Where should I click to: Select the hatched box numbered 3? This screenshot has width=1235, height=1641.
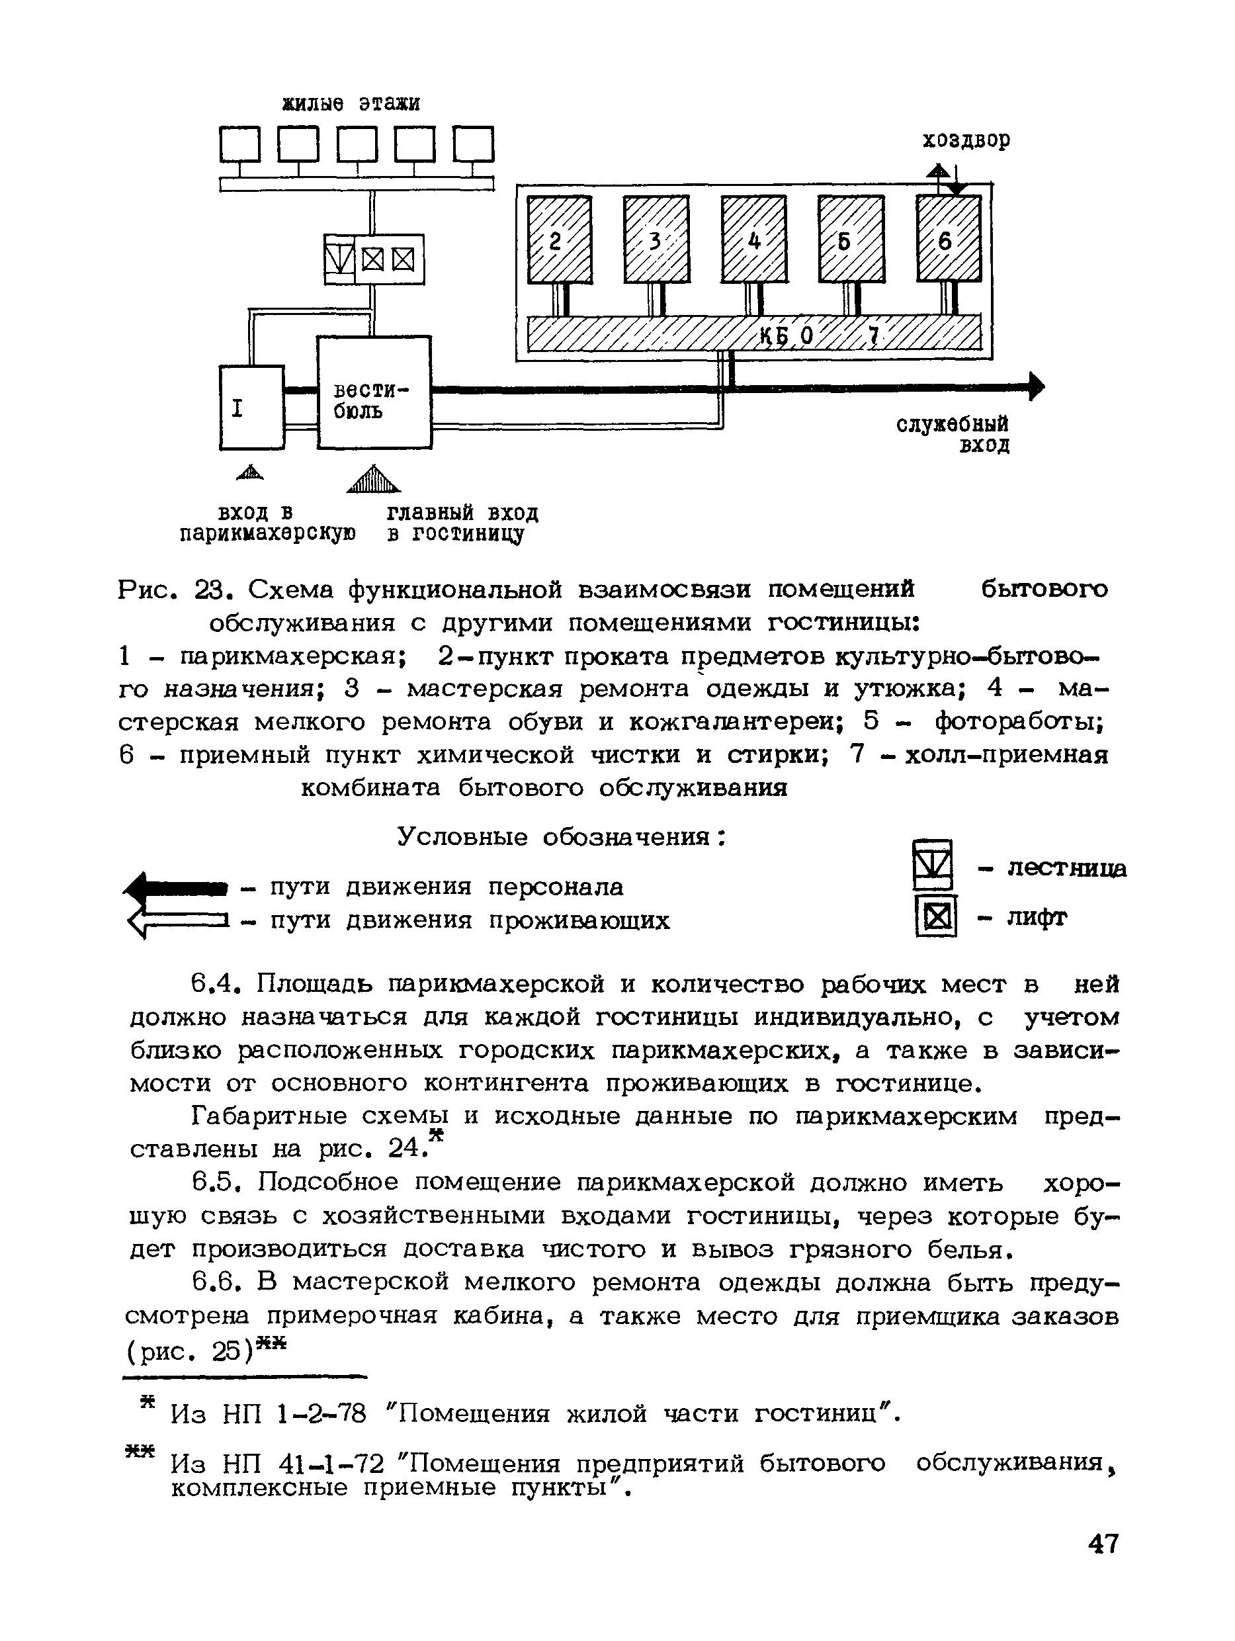coord(656,240)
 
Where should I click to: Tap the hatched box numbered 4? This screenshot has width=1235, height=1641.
coord(753,240)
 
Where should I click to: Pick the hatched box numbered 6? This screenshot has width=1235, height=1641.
coord(948,240)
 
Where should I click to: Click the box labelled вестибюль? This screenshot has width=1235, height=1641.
coord(374,392)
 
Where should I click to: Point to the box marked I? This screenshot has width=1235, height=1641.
coord(251,408)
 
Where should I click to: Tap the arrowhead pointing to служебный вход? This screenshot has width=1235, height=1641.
coord(1036,386)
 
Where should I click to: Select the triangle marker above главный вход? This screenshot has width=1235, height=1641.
coord(373,479)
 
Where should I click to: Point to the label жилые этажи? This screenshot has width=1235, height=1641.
coord(351,103)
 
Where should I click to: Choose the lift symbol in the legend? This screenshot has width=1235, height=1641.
coord(936,917)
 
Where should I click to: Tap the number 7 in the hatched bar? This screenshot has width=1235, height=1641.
coord(873,337)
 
